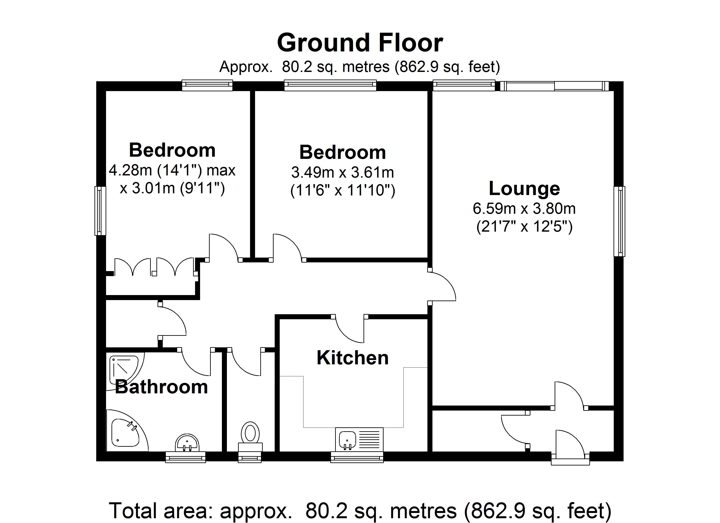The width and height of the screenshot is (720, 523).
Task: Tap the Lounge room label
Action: pyautogui.click(x=524, y=189)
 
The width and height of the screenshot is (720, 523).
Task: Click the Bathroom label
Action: pyautogui.click(x=161, y=387)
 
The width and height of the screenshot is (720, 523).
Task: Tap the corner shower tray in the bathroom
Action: pyautogui.click(x=124, y=370)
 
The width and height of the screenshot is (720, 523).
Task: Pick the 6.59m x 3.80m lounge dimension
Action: pyautogui.click(x=524, y=209)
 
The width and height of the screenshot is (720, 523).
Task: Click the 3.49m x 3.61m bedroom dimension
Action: pyautogui.click(x=343, y=173)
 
